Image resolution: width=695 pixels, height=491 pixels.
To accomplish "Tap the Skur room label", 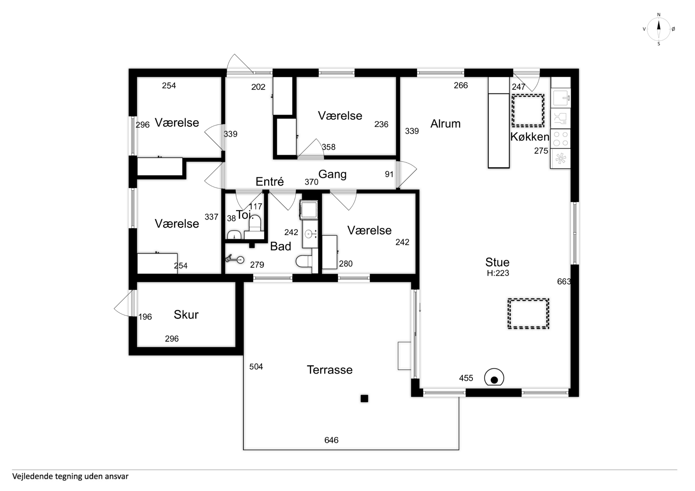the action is (x=186, y=315).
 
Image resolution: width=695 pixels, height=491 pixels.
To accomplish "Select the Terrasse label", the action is (x=330, y=370).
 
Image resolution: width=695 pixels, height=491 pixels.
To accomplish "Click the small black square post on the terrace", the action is (x=364, y=398).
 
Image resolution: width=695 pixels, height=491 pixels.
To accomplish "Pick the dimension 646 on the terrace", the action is (x=331, y=440).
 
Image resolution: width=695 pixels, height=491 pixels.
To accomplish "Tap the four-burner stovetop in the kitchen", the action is (x=560, y=139).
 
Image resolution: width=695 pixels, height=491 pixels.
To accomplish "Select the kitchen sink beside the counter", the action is (x=560, y=98).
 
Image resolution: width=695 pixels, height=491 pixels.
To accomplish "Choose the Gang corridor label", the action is (x=332, y=175).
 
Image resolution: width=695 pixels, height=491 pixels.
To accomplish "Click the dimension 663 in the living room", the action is (x=564, y=282).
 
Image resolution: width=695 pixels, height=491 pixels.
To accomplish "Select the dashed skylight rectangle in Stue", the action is (x=528, y=314).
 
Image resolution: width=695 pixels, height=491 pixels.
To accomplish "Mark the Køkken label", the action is (x=530, y=137).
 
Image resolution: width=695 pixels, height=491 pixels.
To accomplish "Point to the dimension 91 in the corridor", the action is (x=389, y=174).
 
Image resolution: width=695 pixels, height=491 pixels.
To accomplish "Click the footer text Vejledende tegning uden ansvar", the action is (x=70, y=476).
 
